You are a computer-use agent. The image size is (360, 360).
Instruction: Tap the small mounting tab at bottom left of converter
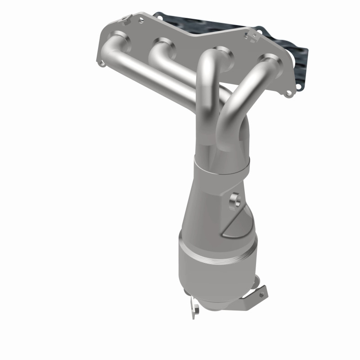pos(195,307)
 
